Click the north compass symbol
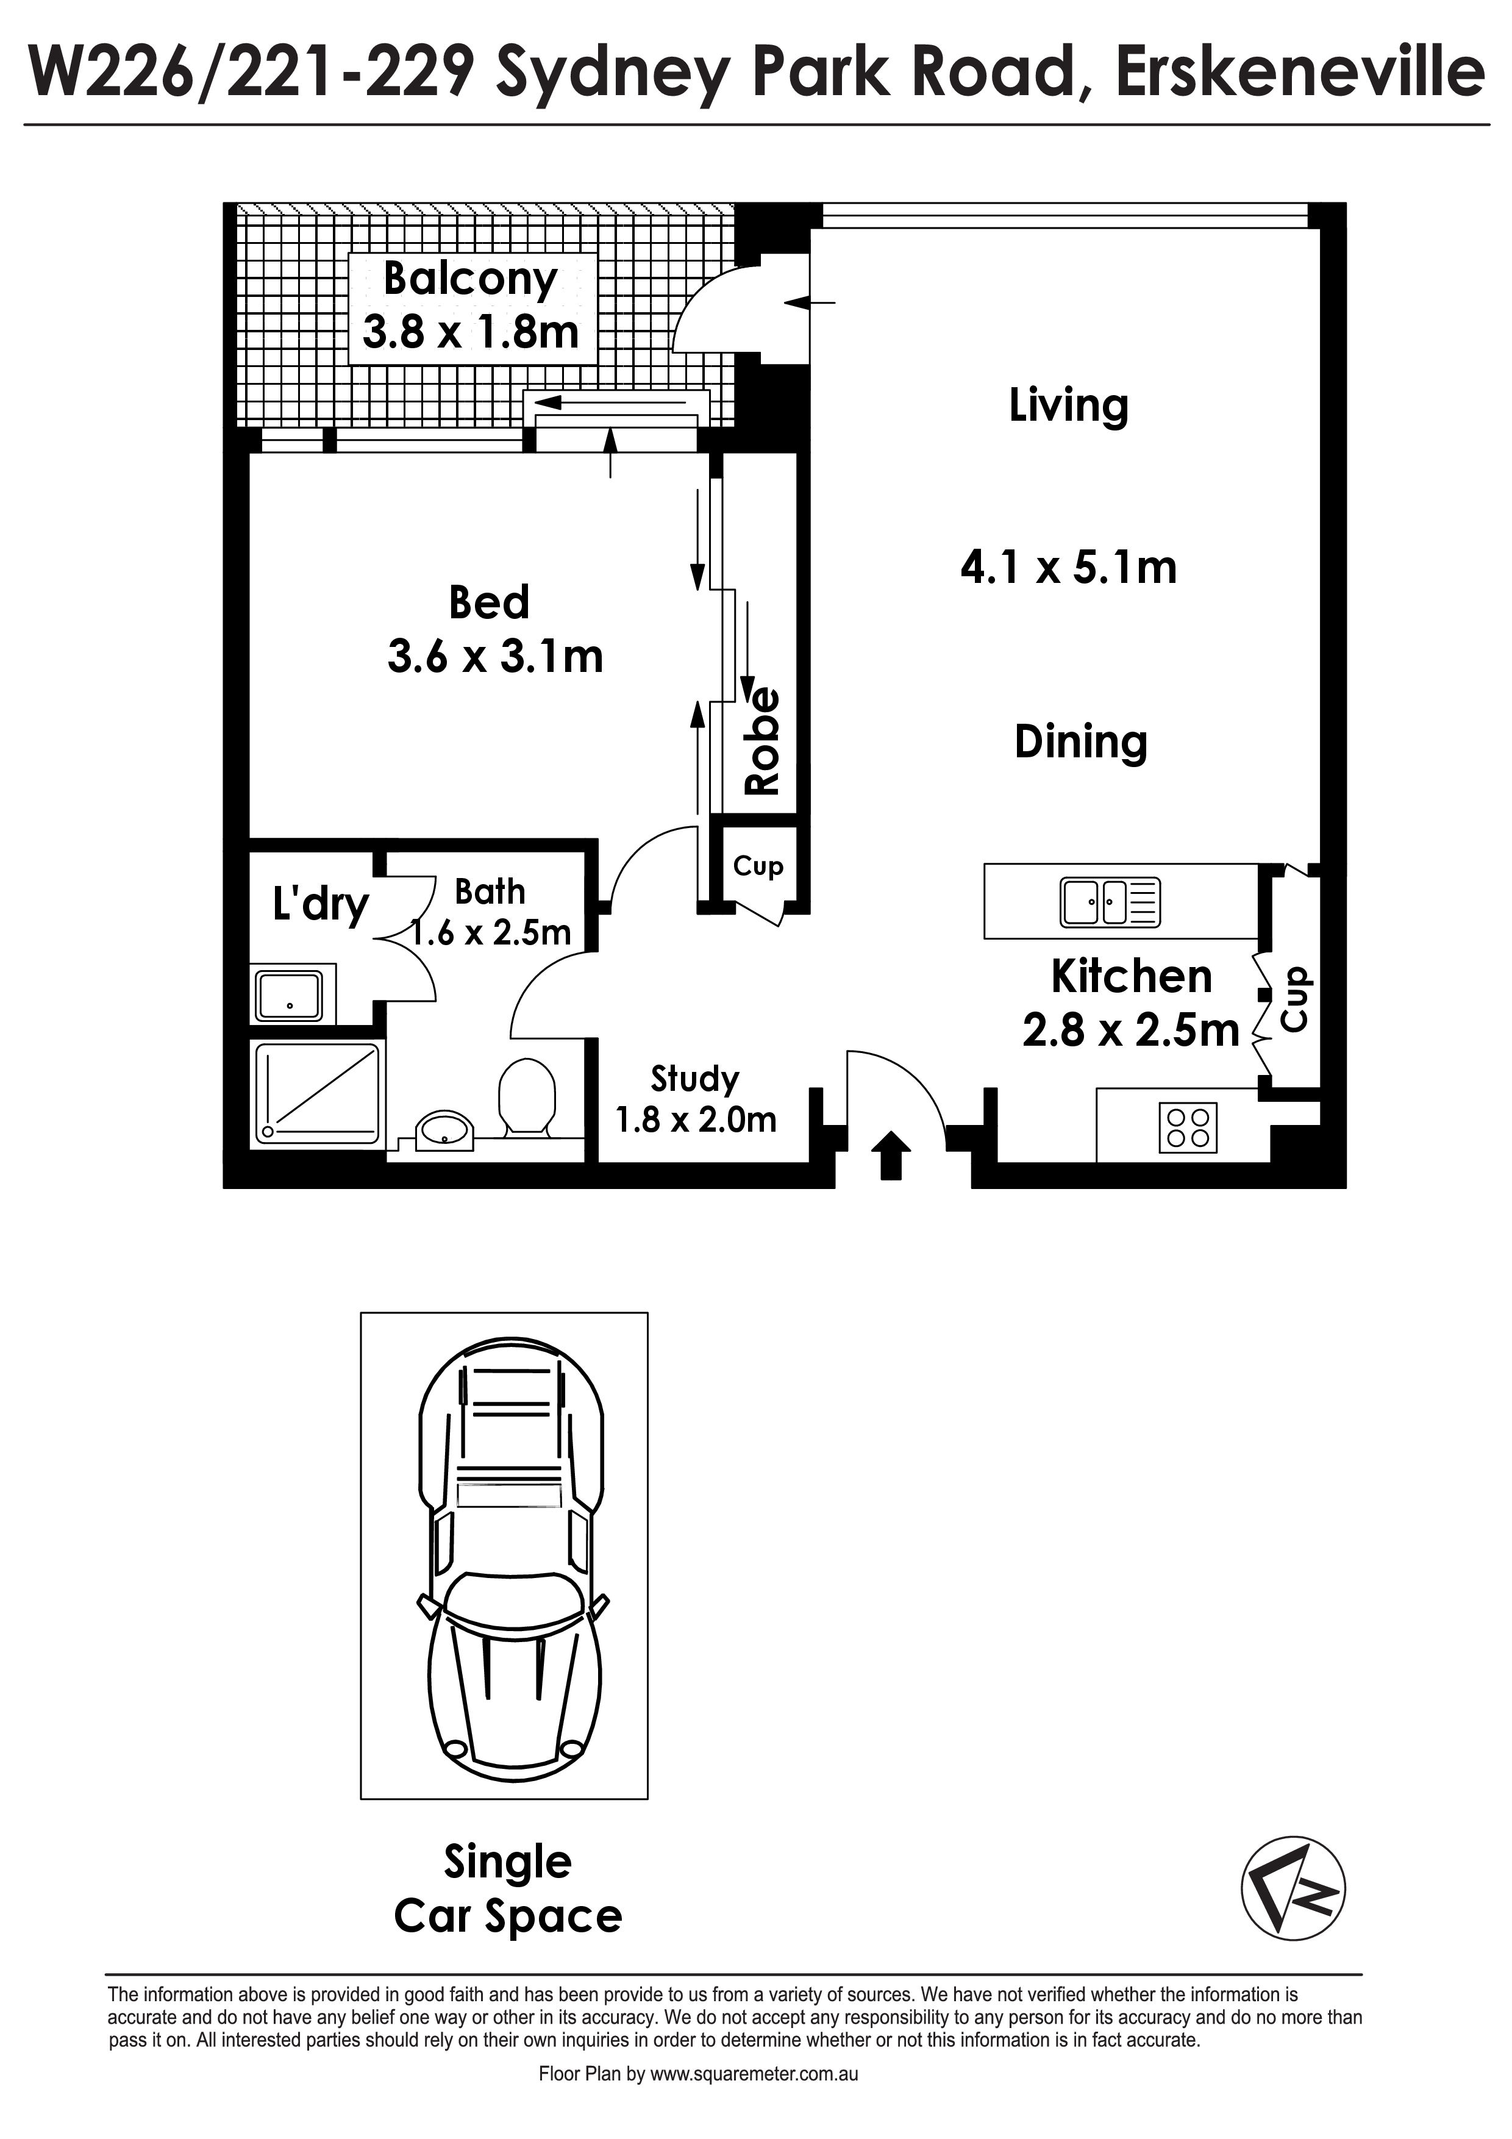point(1293,1890)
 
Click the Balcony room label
point(471,279)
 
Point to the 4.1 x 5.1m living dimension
point(1069,566)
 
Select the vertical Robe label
point(762,741)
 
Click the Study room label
point(695,1079)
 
